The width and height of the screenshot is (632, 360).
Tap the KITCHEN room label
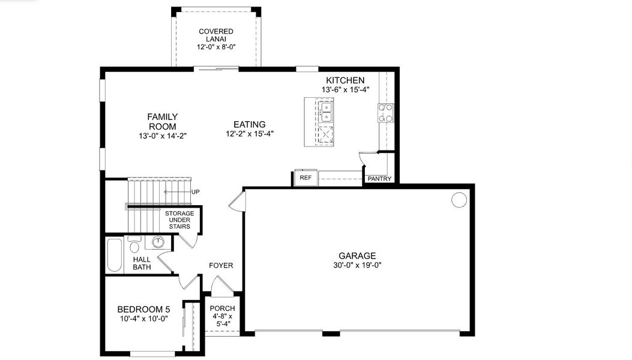click(x=345, y=80)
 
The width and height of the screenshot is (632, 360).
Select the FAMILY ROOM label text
click(x=162, y=122)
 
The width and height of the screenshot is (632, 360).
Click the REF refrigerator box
click(x=305, y=178)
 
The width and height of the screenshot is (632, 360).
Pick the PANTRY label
click(x=379, y=179)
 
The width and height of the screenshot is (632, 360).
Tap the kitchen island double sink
click(x=325, y=112)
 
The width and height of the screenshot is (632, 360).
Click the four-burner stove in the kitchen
click(x=385, y=113)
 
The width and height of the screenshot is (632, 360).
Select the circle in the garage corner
click(x=459, y=199)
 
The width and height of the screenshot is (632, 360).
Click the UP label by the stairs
click(x=195, y=192)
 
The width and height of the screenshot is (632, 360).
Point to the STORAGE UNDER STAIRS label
click(x=179, y=220)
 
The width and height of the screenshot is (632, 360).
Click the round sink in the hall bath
click(x=158, y=242)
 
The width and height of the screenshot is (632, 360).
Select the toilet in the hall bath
click(x=135, y=246)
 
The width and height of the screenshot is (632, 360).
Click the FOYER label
click(x=221, y=265)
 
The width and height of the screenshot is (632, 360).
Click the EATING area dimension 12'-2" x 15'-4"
click(x=250, y=134)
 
